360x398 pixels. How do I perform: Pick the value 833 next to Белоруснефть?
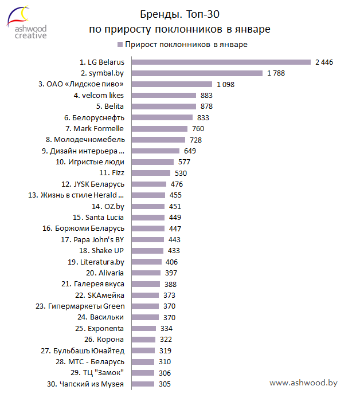pos(204,117)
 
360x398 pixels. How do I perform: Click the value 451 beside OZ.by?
pos(175,206)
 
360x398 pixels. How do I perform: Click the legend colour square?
pos(120,44)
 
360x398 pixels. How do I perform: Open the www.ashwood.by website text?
pos(303,383)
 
